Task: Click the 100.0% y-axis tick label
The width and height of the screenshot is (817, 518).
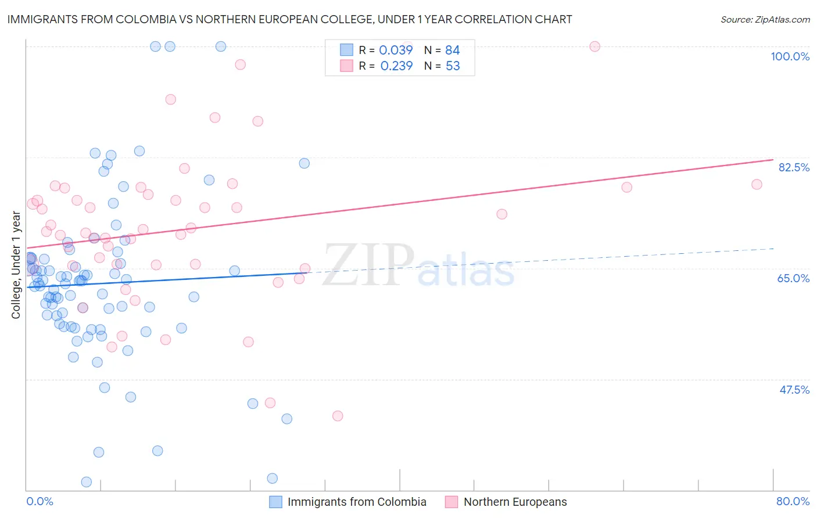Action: (x=790, y=56)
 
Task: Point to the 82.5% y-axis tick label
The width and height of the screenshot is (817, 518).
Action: (x=794, y=167)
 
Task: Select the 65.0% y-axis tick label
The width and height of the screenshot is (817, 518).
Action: (x=793, y=278)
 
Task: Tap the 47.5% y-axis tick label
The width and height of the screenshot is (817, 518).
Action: (x=794, y=390)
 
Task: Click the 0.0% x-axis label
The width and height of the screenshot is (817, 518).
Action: (x=40, y=501)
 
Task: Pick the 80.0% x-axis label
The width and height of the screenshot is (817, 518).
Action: (x=793, y=501)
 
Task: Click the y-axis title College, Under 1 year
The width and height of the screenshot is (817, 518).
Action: (x=16, y=265)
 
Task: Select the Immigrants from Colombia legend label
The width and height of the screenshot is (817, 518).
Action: (x=357, y=502)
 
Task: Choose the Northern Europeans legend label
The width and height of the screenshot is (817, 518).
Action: (x=515, y=502)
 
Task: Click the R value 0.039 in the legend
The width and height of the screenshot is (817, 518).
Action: (x=396, y=51)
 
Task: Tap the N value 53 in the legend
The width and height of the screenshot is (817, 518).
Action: (x=453, y=66)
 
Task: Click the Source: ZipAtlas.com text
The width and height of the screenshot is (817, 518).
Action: (x=765, y=20)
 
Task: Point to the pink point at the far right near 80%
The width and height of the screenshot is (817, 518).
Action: (x=757, y=184)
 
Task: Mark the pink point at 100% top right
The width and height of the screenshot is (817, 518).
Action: (x=594, y=46)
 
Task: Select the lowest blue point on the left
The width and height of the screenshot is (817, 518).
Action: (x=87, y=482)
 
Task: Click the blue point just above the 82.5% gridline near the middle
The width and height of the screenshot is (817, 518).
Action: (x=304, y=163)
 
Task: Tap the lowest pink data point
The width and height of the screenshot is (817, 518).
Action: (x=338, y=416)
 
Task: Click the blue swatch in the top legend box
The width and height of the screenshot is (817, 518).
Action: (x=346, y=50)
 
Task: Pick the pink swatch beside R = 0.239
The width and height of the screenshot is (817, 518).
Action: (x=346, y=66)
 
